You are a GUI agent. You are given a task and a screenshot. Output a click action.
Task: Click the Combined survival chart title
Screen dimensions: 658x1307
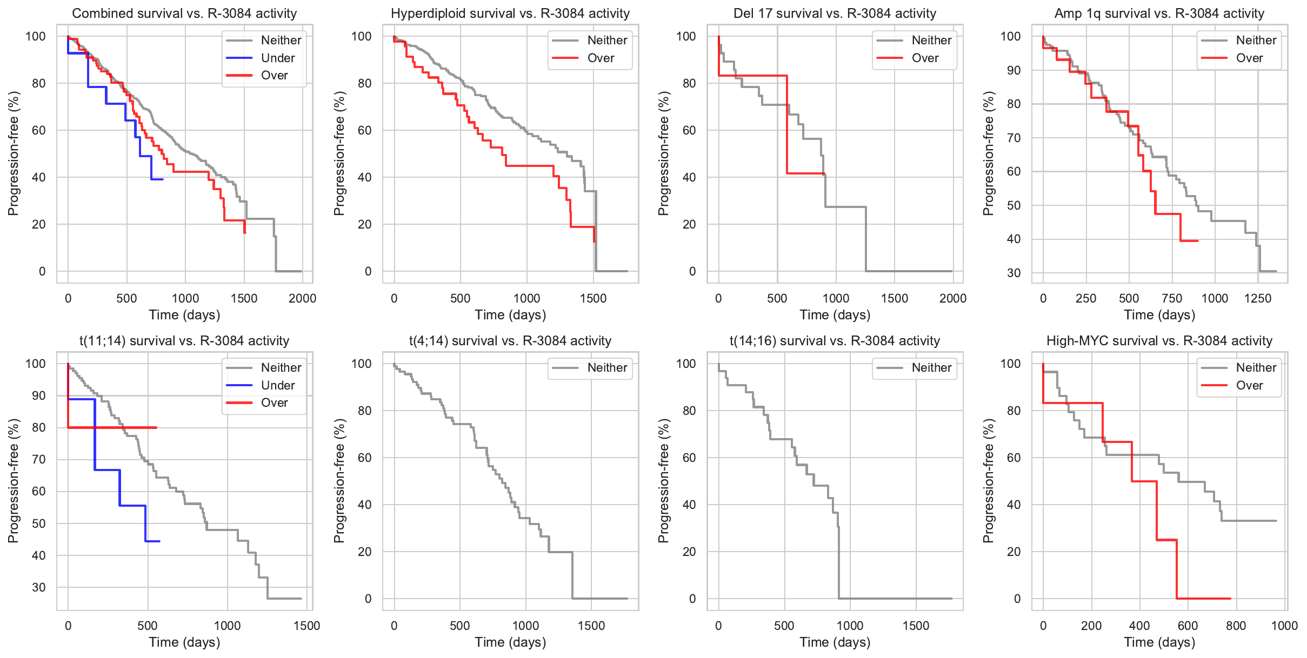184,14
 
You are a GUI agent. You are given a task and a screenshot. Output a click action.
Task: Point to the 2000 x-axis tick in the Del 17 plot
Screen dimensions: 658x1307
953,298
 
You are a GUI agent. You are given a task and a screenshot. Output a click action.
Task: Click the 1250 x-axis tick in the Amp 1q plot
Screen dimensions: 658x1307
1258,298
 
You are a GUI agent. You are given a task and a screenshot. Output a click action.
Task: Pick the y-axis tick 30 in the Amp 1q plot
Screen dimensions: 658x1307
1013,273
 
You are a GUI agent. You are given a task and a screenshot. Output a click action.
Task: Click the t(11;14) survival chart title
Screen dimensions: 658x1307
184,341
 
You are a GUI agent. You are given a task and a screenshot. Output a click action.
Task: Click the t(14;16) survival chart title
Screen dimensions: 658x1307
835,341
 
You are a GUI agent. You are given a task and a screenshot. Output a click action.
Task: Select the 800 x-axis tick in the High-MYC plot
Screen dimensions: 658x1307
1236,626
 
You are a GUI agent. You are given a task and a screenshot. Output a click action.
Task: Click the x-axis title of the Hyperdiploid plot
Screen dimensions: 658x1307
510,315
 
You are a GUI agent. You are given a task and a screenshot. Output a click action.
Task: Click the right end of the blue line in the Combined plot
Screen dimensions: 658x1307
163,179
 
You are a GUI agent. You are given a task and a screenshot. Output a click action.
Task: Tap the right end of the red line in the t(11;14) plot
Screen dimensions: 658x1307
156,428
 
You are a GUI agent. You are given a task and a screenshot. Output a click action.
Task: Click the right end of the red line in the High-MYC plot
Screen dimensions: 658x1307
1230,599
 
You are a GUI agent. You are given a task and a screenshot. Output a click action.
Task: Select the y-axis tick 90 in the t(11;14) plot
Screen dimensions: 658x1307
39,395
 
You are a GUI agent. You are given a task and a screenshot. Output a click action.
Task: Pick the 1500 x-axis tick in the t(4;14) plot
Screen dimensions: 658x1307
591,626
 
